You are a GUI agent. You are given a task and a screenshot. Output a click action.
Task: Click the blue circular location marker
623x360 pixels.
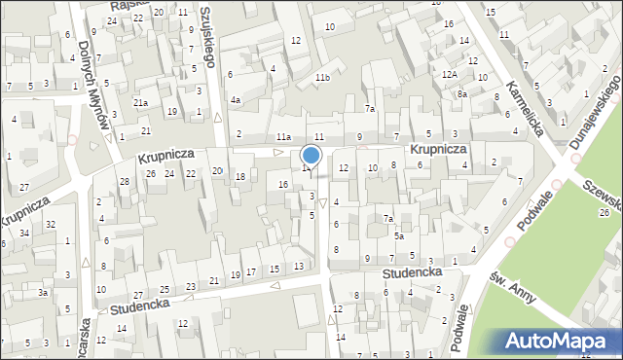pyautogui.click(x=311, y=155)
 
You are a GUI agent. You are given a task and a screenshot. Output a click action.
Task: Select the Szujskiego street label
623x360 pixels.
pyautogui.click(x=206, y=38)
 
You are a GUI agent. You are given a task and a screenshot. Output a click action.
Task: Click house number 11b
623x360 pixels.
pyautogui.click(x=322, y=78)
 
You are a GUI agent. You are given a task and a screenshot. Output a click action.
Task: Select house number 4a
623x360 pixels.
pyautogui.click(x=235, y=100)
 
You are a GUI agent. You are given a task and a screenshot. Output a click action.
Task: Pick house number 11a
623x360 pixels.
pyautogui.click(x=283, y=136)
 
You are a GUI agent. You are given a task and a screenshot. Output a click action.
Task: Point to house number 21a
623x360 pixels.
pyautogui.click(x=141, y=103)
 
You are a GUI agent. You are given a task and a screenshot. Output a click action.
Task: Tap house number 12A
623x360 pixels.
pyautogui.click(x=449, y=75)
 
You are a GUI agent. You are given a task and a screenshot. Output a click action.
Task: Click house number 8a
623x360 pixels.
pyautogui.click(x=463, y=94)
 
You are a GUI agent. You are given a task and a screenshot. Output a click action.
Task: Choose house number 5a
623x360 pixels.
pyautogui.click(x=399, y=236)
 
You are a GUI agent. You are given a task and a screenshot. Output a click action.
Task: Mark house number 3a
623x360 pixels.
pyautogui.click(x=43, y=292)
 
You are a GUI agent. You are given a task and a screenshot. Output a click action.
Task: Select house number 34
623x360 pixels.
pyautogui.click(x=25, y=234)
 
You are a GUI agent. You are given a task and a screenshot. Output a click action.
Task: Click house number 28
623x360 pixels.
pyautogui.click(x=124, y=182)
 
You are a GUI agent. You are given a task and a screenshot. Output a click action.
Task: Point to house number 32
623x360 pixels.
pyautogui.click(x=51, y=225)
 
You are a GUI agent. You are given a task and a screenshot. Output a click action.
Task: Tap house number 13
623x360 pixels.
pyautogui.click(x=298, y=266)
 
